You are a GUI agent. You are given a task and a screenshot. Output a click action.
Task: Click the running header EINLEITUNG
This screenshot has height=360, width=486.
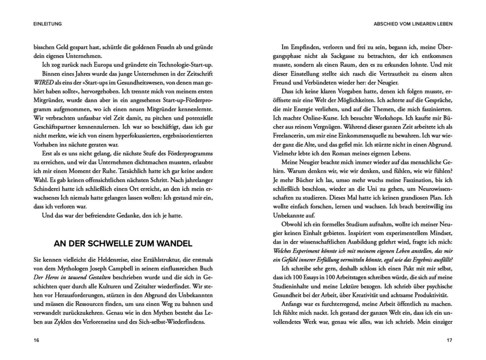[48, 23]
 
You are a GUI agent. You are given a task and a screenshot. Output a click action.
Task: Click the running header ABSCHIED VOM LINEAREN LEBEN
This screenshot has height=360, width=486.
[413, 23]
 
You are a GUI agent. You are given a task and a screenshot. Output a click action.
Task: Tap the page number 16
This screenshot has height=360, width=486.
[36, 340]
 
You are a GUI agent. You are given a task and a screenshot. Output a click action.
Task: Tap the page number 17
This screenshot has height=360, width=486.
[449, 340]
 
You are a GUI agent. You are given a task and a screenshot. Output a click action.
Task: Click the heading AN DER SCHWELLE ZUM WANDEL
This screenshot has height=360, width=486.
[123, 244]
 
